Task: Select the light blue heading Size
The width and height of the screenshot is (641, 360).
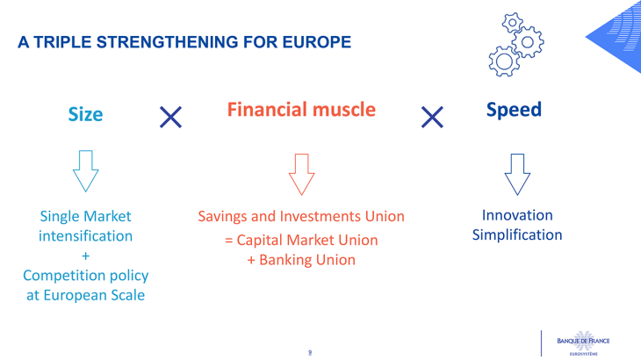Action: (x=86, y=114)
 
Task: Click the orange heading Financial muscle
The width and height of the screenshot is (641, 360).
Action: (x=301, y=110)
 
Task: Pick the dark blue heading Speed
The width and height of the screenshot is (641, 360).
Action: (x=514, y=110)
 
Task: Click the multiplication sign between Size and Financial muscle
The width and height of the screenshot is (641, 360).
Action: (x=170, y=116)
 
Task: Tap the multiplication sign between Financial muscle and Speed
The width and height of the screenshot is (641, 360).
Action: (x=432, y=116)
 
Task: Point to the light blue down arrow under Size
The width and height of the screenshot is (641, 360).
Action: (x=86, y=170)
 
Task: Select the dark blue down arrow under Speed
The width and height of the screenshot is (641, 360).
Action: (x=516, y=174)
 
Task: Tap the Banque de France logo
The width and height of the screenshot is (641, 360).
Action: (x=579, y=341)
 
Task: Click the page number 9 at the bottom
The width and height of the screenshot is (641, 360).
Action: (x=309, y=352)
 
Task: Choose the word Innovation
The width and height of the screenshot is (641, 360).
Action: (x=517, y=215)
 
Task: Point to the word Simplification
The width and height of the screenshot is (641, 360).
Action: (x=516, y=235)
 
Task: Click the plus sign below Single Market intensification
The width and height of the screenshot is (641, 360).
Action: (x=85, y=256)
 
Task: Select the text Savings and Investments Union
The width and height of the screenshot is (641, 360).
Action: (x=300, y=216)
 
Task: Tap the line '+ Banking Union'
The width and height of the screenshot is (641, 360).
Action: (x=300, y=260)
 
